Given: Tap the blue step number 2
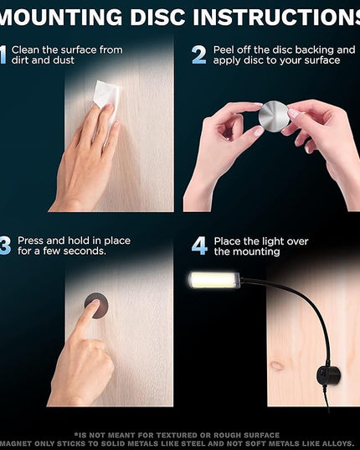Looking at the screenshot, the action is pos(199,54).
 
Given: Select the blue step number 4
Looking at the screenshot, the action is pos(199,246).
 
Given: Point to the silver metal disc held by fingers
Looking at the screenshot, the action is pos(274,116).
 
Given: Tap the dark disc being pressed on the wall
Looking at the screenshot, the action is pos(96,305).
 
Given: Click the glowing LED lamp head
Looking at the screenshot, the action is pos(213,280).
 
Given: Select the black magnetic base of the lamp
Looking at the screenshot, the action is pos(328,375).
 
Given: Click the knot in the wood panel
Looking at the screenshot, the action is pos(277,365).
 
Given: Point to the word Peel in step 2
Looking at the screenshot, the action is pos(223,50).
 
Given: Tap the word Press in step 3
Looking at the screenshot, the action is pos(30,241).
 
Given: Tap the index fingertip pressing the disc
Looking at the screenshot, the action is pos(94,303).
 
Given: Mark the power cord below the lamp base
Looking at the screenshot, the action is pos(327,398).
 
